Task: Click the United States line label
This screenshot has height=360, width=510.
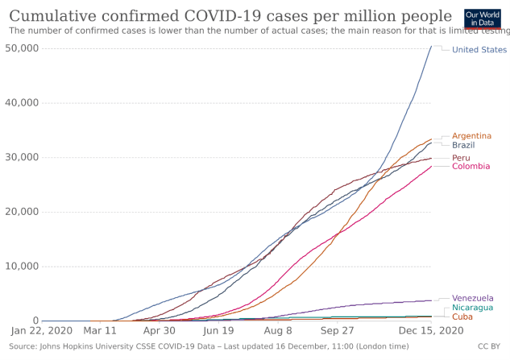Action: pyautogui.click(x=479, y=50)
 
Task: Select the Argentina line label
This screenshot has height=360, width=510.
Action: pyautogui.click(x=471, y=135)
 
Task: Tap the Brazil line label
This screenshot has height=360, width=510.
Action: pyautogui.click(x=463, y=145)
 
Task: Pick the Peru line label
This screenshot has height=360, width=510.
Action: pyautogui.click(x=461, y=158)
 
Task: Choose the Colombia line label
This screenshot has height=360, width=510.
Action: pyautogui.click(x=471, y=167)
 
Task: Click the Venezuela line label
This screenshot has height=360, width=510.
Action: pyautogui.click(x=472, y=298)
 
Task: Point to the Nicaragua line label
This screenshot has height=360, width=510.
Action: pyautogui.click(x=473, y=308)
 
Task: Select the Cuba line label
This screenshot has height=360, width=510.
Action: pyautogui.click(x=462, y=317)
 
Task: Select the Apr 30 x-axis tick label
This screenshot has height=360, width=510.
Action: pyautogui.click(x=159, y=330)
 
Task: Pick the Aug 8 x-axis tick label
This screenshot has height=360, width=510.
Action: pyautogui.click(x=278, y=330)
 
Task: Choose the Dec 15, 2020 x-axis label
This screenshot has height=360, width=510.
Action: pyautogui.click(x=431, y=330)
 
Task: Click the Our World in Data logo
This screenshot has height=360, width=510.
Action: pyautogui.click(x=483, y=18)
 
